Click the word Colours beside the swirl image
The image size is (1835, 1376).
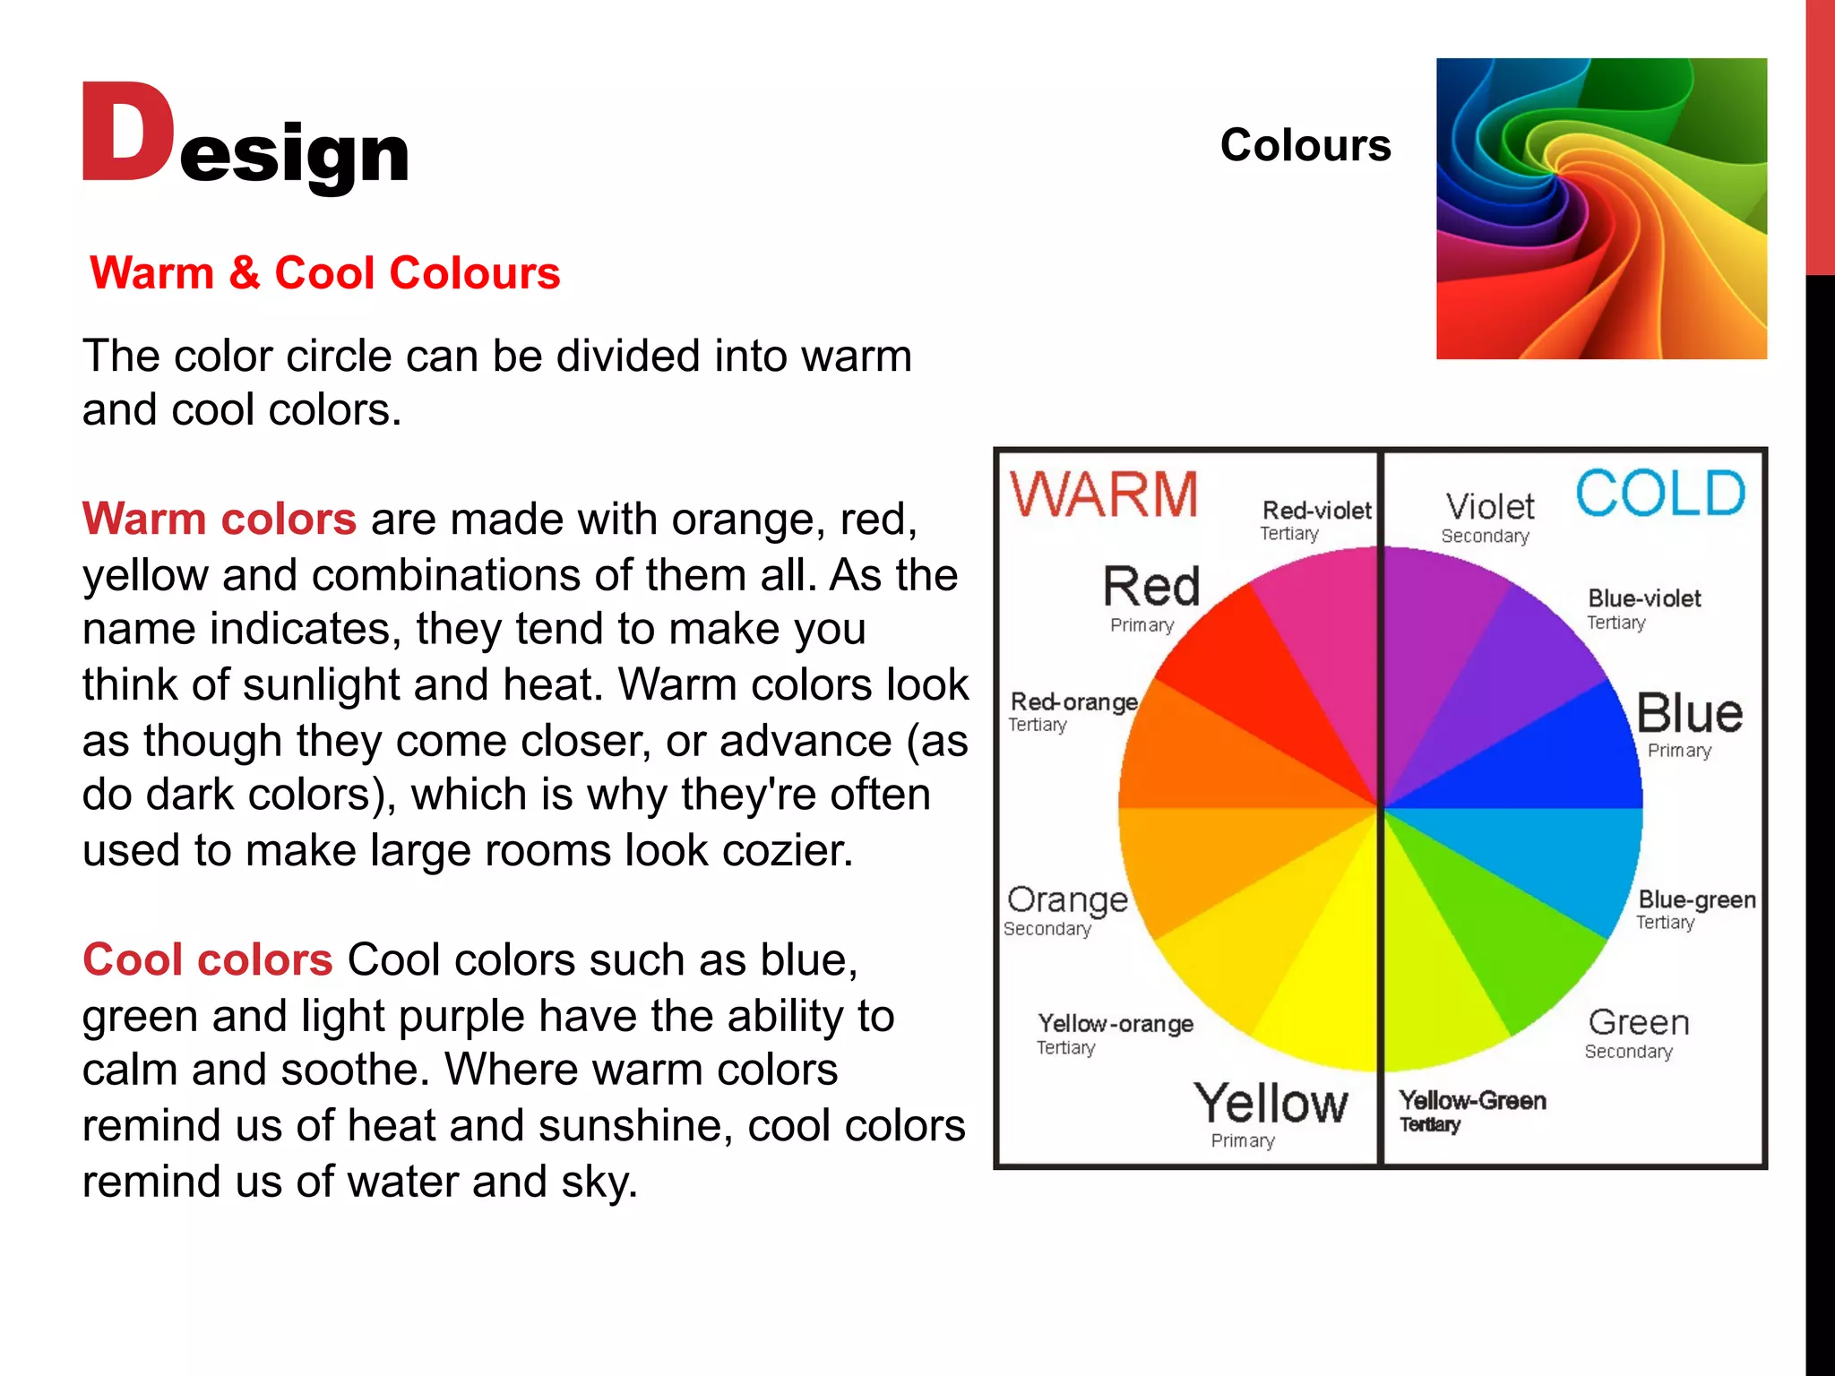[x=1305, y=145]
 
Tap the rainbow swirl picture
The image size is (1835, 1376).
[x=1601, y=209]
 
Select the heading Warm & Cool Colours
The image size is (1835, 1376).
[x=325, y=273]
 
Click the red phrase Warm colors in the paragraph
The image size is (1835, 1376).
[x=220, y=519]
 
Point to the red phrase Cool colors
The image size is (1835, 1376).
[x=208, y=959]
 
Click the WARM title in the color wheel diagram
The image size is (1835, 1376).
[x=1104, y=494]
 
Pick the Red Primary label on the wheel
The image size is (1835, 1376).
[x=1150, y=597]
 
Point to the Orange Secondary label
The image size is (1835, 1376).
[x=1066, y=908]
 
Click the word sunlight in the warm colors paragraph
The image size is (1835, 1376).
[x=320, y=684]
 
